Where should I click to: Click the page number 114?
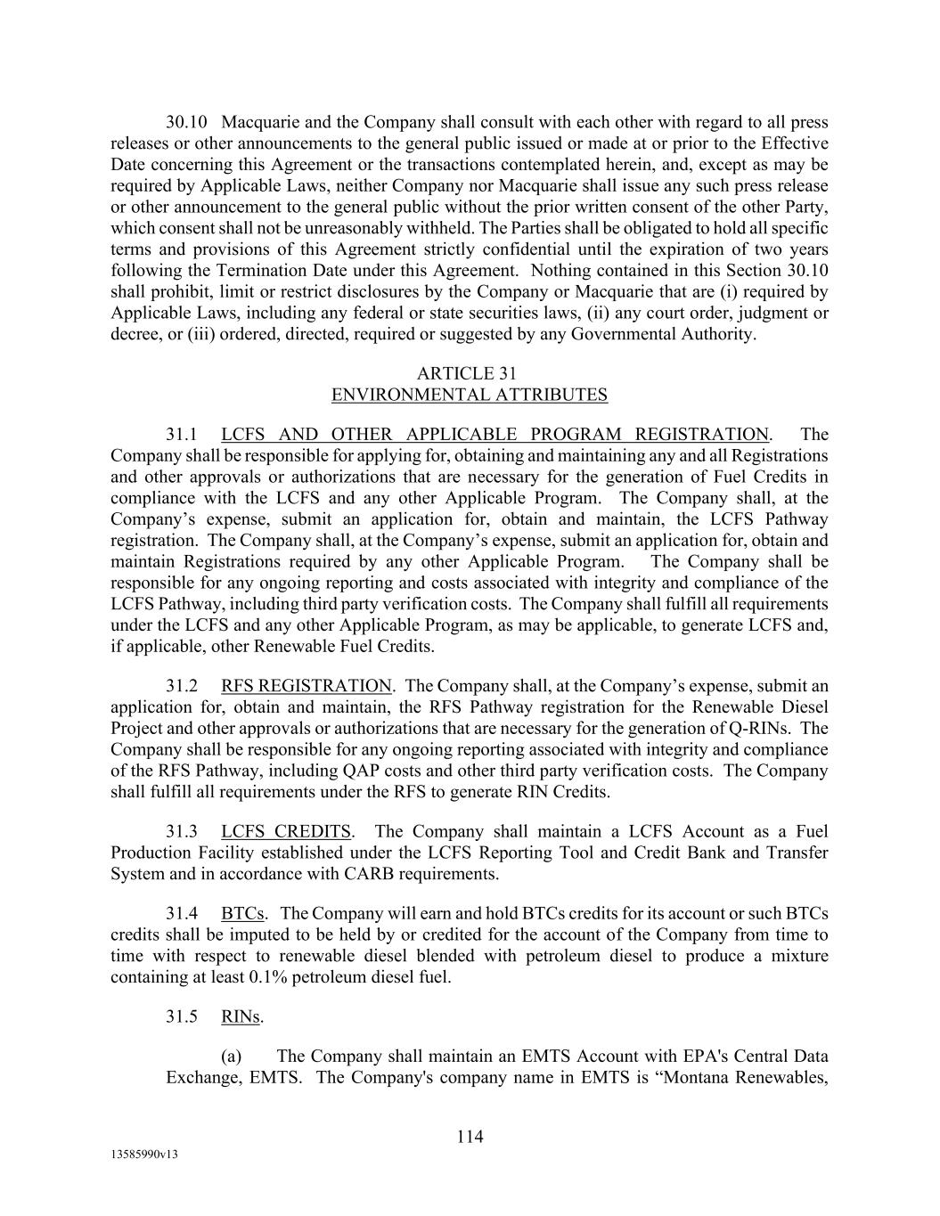(470, 1137)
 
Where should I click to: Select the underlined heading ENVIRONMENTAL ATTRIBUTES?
(470, 395)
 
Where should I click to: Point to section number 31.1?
(182, 435)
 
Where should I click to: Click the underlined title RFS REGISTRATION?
(306, 686)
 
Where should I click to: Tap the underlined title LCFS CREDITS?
(286, 832)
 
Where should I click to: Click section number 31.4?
(182, 914)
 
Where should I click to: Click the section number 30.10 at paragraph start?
(186, 123)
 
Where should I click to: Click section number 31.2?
(182, 686)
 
